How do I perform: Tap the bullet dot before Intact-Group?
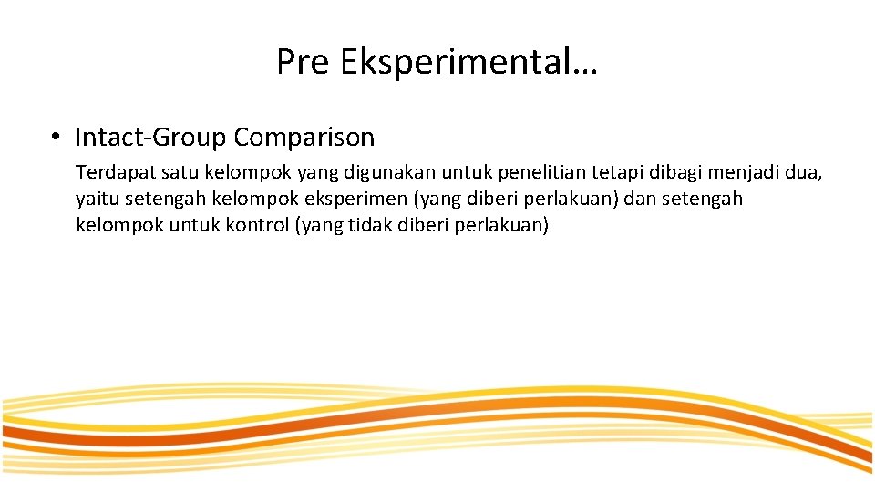(x=57, y=138)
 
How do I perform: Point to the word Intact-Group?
(x=150, y=138)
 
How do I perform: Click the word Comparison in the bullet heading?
(x=304, y=138)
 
